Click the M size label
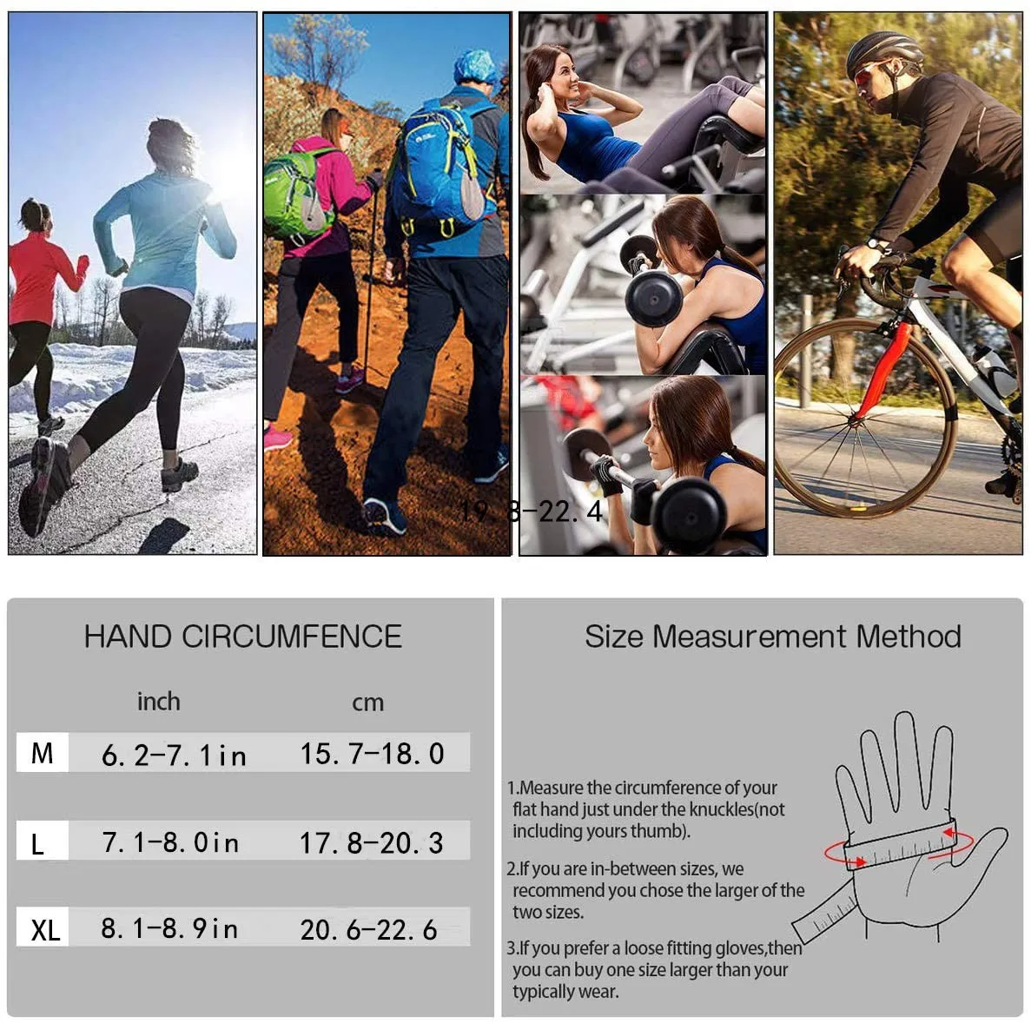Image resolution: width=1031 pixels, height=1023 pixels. [x=42, y=753]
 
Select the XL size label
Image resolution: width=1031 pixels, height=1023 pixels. [x=45, y=929]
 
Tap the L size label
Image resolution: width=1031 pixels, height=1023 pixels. [x=37, y=843]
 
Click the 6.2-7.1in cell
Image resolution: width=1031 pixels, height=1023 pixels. [x=174, y=756]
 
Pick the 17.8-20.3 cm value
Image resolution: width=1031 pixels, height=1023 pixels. [x=372, y=843]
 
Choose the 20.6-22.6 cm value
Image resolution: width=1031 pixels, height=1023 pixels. [x=369, y=929]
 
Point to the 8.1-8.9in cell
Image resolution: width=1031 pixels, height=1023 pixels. [x=169, y=928]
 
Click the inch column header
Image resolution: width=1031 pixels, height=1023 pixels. [x=158, y=702]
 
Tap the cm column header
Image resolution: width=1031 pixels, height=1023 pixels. [x=367, y=703]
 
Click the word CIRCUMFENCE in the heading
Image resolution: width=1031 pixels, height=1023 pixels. [x=291, y=637]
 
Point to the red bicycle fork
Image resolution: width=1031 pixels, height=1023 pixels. [x=882, y=368]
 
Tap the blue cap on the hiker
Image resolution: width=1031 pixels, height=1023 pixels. [x=476, y=66]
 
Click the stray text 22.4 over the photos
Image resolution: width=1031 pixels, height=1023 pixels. [x=570, y=511]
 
